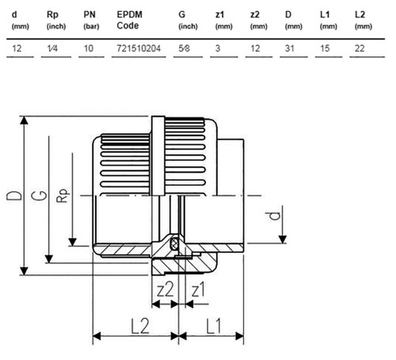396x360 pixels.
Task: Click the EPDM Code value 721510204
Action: [139, 48]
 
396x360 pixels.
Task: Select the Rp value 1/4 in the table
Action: [52, 48]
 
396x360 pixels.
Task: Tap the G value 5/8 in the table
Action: [184, 48]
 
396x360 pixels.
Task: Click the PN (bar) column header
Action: [91, 20]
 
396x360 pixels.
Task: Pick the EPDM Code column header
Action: [129, 20]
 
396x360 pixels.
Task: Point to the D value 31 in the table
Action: [289, 48]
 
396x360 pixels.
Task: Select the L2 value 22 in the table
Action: [360, 48]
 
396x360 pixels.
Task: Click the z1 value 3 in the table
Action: [218, 48]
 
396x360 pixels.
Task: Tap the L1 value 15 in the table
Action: [325, 48]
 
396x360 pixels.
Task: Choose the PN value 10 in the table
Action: [89, 48]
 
